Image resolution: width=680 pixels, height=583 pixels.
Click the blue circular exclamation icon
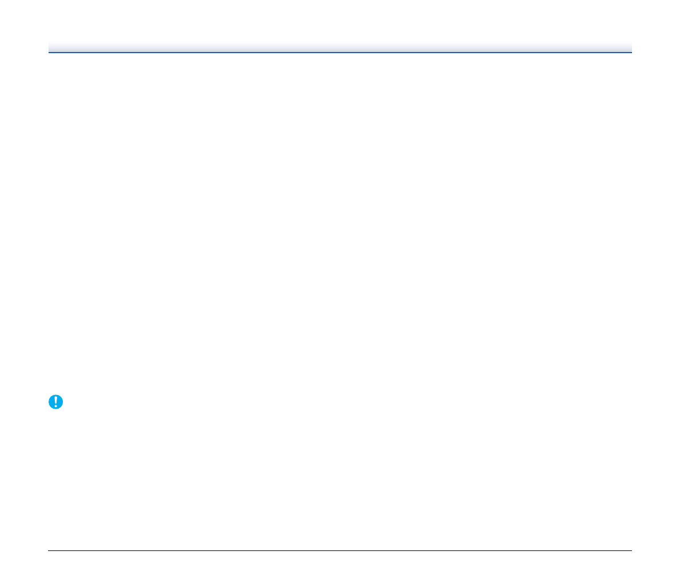click(55, 402)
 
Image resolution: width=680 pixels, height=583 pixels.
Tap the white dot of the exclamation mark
click(55, 406)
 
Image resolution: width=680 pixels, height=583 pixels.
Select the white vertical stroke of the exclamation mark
click(55, 400)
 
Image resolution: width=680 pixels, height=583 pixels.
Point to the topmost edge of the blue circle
click(55, 395)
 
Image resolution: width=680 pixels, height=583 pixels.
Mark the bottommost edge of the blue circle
click(55, 409)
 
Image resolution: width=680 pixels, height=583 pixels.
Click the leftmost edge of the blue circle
click(49, 402)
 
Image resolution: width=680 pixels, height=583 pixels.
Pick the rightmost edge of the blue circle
click(63, 402)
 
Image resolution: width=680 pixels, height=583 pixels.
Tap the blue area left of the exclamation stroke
click(51, 402)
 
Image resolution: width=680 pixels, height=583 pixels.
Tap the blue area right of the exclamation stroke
click(59, 402)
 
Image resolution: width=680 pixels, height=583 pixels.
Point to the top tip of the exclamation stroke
click(55, 397)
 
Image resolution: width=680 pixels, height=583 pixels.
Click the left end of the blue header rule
click(49, 53)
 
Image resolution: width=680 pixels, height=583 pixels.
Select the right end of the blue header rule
click(631, 53)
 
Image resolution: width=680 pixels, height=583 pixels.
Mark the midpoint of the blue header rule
click(340, 53)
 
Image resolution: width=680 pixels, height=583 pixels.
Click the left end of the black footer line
click(49, 551)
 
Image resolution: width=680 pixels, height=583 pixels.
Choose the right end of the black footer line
click(631, 551)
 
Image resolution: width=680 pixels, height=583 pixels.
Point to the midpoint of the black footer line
click(340, 551)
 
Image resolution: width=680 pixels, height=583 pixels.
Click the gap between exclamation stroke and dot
click(55, 405)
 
